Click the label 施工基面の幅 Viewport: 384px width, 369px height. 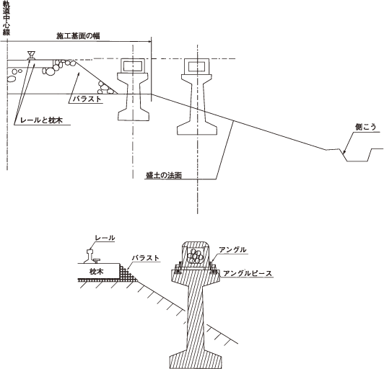tap(78, 36)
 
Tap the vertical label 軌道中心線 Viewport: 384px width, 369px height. tap(6, 18)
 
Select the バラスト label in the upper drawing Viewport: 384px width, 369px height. tap(87, 99)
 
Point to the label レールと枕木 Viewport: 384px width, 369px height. tap(41, 120)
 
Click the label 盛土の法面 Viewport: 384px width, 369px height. tap(164, 175)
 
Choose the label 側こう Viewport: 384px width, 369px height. tap(366, 127)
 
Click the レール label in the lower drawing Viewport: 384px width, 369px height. tap(105, 238)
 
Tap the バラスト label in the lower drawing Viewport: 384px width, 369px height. tap(146, 258)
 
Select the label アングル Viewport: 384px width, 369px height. tap(232, 249)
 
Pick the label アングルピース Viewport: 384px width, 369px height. tap(248, 273)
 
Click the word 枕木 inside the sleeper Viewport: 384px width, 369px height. tap(97, 272)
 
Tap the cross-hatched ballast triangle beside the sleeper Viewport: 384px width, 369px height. tap(127, 273)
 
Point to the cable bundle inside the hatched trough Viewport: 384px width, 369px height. tap(196, 257)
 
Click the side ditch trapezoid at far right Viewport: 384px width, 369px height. tap(357, 155)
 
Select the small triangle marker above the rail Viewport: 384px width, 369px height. tap(31, 54)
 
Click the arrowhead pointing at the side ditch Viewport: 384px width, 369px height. tap(344, 152)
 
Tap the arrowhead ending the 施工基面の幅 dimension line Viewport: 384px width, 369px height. tap(149, 42)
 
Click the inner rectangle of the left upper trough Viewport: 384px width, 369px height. tap(133, 66)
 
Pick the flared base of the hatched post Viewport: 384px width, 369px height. tap(196, 360)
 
